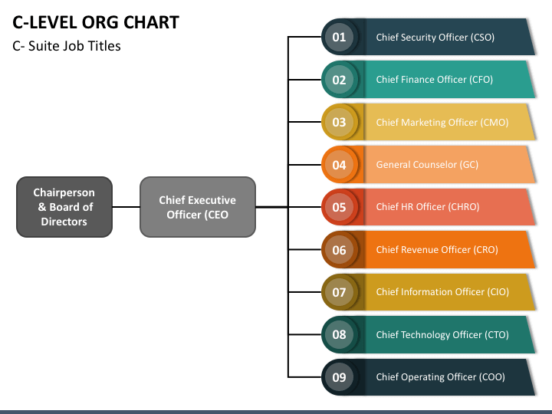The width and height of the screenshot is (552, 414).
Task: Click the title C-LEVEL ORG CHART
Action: (x=96, y=22)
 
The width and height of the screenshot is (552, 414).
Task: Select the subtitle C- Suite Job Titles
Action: (x=67, y=46)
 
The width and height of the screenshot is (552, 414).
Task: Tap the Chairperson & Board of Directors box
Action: (x=64, y=207)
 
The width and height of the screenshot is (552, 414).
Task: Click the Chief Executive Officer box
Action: (x=198, y=207)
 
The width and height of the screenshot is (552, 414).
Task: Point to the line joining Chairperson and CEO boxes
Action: (x=126, y=207)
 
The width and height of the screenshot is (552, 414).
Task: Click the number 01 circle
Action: (x=339, y=37)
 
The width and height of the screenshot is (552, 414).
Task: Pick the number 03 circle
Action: (x=339, y=122)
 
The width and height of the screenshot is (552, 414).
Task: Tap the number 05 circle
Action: (x=339, y=207)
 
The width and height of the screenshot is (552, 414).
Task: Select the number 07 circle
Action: (x=339, y=292)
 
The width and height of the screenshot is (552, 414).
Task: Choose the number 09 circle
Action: (x=339, y=377)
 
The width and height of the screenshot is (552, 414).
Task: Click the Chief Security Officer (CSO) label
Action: (x=435, y=38)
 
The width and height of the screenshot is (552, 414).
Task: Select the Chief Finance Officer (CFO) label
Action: (x=435, y=80)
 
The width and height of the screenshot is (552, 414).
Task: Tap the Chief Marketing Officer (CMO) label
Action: (x=442, y=122)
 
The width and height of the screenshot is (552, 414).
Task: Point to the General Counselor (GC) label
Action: (x=427, y=164)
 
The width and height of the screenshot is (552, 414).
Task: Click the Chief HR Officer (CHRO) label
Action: (x=428, y=207)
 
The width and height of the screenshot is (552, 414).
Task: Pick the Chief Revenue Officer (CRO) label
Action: (x=437, y=250)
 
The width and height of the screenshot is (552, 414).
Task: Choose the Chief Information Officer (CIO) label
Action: (x=442, y=292)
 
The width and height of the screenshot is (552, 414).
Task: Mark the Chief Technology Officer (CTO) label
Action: (x=442, y=334)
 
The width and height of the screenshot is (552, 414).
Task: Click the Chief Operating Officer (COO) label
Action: (x=440, y=377)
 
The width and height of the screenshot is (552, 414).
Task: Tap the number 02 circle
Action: (x=339, y=80)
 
